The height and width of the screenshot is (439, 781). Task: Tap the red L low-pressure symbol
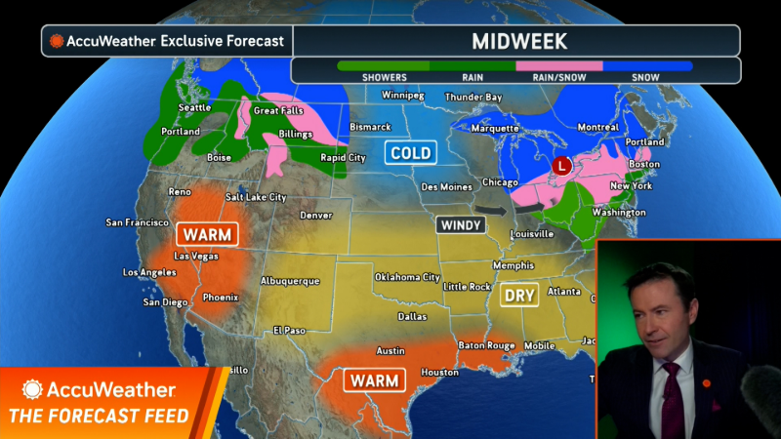(560, 166)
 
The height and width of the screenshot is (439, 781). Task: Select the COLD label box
(410, 152)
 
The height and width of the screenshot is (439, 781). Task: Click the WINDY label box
(461, 224)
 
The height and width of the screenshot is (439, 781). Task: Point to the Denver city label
(315, 215)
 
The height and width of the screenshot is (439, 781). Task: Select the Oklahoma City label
(407, 277)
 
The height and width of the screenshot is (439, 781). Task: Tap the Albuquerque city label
(290, 281)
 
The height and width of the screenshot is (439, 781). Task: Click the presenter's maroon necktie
(671, 400)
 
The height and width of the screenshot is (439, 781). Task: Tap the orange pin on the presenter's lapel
(706, 383)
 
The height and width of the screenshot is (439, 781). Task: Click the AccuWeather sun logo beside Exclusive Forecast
(57, 41)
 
